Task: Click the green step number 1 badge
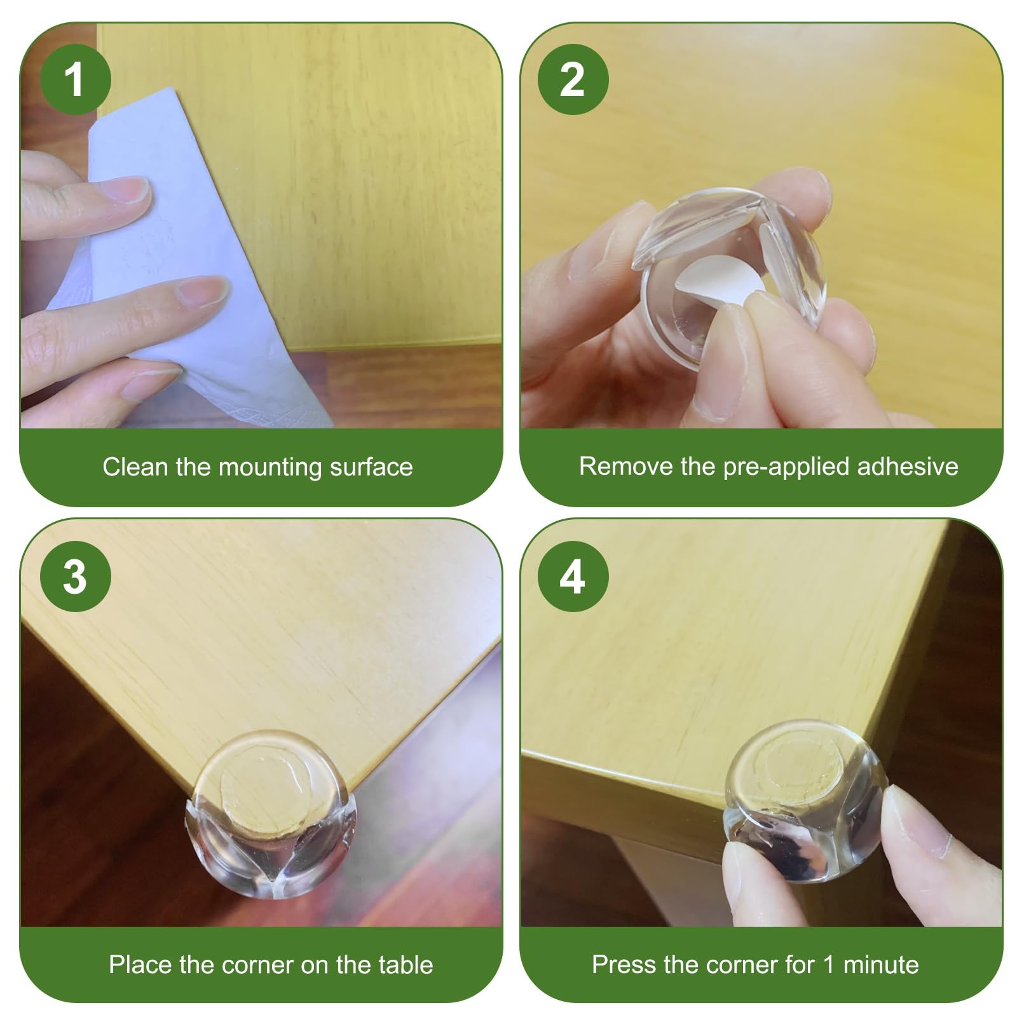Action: tap(75, 80)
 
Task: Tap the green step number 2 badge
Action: tap(573, 80)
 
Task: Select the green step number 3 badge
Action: tap(75, 577)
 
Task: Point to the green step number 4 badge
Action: tap(573, 577)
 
